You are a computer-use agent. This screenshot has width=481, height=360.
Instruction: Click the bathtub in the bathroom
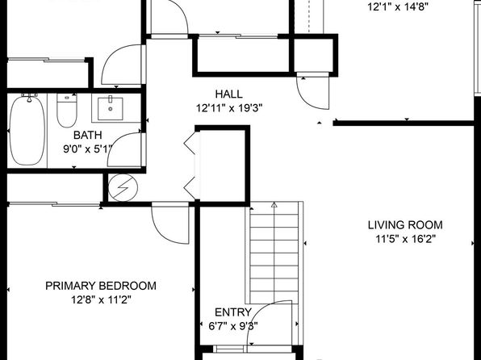click(27, 132)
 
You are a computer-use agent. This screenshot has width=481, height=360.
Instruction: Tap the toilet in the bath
click(67, 111)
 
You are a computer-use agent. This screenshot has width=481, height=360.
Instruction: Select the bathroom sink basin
click(111, 109)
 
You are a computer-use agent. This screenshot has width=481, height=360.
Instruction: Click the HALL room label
click(229, 94)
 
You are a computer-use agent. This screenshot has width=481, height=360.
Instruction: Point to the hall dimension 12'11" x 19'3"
click(229, 108)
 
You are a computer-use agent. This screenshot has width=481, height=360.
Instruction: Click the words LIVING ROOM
click(405, 225)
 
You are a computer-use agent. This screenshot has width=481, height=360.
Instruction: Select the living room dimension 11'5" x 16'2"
click(405, 239)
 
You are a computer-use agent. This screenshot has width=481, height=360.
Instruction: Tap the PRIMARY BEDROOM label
click(101, 286)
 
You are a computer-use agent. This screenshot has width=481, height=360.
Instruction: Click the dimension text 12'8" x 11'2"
click(101, 299)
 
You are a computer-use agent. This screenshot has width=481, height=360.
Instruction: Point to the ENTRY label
click(233, 312)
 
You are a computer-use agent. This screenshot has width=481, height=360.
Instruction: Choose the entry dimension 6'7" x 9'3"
click(233, 326)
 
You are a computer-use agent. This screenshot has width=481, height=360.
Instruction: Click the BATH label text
click(87, 135)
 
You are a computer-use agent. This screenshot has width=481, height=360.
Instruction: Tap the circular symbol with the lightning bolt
click(123, 187)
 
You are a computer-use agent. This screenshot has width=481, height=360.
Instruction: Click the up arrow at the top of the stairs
click(274, 204)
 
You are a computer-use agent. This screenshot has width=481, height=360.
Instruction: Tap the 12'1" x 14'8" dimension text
click(398, 6)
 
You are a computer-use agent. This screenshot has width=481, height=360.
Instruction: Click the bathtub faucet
click(29, 98)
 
